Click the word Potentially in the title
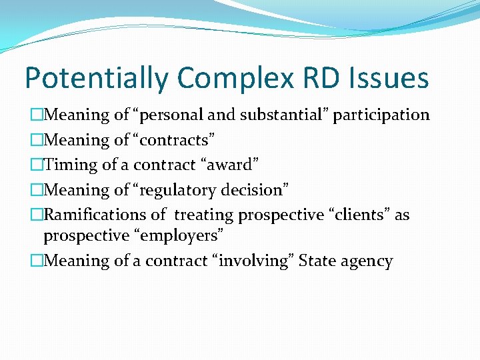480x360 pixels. click(95, 79)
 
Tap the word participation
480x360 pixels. click(381, 115)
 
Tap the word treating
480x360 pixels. click(204, 215)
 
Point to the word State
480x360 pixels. click(318, 261)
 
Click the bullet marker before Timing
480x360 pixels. click(37, 165)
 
